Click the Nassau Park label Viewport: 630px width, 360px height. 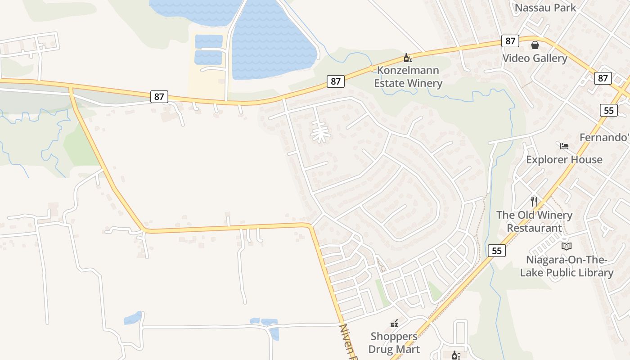click(545, 8)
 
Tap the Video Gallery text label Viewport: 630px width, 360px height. click(535, 58)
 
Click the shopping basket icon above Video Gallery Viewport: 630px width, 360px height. click(535, 45)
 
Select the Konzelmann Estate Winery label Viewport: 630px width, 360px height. click(409, 77)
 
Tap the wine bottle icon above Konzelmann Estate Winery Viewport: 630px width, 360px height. click(408, 58)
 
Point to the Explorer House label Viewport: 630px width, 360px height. click(564, 160)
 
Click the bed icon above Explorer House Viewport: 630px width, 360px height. click(564, 146)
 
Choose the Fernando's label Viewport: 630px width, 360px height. click(604, 138)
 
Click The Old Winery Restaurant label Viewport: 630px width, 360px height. click(534, 221)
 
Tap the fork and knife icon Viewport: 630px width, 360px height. click(534, 201)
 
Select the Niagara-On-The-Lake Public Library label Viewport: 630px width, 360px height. click(567, 266)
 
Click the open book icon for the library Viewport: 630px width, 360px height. click(567, 246)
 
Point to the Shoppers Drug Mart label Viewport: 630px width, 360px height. click(394, 343)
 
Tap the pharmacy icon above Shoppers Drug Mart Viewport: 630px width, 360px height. click(394, 323)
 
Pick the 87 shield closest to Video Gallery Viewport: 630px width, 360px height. click(510, 41)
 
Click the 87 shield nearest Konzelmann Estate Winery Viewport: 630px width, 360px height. click(336, 81)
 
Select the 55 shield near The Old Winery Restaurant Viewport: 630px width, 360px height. click(497, 251)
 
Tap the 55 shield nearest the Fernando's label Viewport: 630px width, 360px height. click(608, 110)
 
